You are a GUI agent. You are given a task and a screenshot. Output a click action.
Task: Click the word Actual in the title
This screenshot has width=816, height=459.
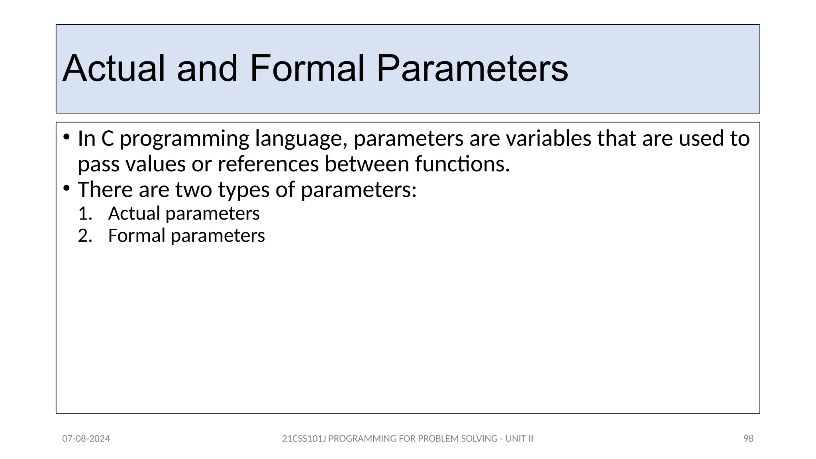point(113,69)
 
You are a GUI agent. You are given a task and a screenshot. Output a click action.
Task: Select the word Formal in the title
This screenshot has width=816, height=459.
point(307,69)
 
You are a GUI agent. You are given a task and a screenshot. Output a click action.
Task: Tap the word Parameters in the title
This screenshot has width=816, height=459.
point(472,69)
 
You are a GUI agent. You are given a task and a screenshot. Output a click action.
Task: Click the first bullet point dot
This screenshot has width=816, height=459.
point(66,138)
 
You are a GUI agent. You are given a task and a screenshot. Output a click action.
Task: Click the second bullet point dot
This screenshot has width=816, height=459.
point(66,187)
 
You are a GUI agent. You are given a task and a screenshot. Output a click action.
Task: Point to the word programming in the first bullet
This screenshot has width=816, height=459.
point(184,139)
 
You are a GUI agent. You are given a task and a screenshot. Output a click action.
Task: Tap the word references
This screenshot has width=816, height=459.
point(268,164)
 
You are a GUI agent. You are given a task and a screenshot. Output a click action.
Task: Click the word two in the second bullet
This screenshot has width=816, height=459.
point(194,190)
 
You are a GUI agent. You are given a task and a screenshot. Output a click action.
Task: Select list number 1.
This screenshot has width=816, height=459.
point(85,214)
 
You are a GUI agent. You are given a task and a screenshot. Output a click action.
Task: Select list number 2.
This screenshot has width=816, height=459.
point(85,236)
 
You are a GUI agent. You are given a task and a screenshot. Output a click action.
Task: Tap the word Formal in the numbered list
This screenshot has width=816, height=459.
point(136,236)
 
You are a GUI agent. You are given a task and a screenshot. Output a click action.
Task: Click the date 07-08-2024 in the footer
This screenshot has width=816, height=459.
point(86,439)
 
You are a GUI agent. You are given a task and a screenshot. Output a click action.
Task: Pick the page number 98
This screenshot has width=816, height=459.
point(748,439)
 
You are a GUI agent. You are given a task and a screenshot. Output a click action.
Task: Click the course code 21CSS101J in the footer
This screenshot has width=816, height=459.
point(304,439)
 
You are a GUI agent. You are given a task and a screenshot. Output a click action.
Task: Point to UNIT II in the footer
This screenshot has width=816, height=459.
point(519,439)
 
